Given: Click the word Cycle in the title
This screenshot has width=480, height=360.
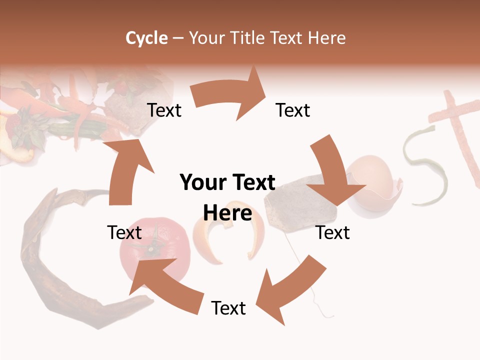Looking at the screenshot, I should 146,38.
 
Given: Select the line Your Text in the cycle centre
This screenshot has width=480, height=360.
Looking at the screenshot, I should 227,183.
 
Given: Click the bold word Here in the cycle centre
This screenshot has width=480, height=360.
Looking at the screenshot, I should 227,213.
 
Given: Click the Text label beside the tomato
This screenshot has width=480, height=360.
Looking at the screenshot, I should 124,232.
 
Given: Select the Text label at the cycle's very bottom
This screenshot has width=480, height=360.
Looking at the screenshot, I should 228,308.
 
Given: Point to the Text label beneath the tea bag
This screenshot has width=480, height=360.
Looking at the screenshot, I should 332,232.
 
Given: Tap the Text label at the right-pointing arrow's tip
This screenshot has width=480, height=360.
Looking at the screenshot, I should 293,110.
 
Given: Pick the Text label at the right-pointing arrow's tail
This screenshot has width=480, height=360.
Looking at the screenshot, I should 164,110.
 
